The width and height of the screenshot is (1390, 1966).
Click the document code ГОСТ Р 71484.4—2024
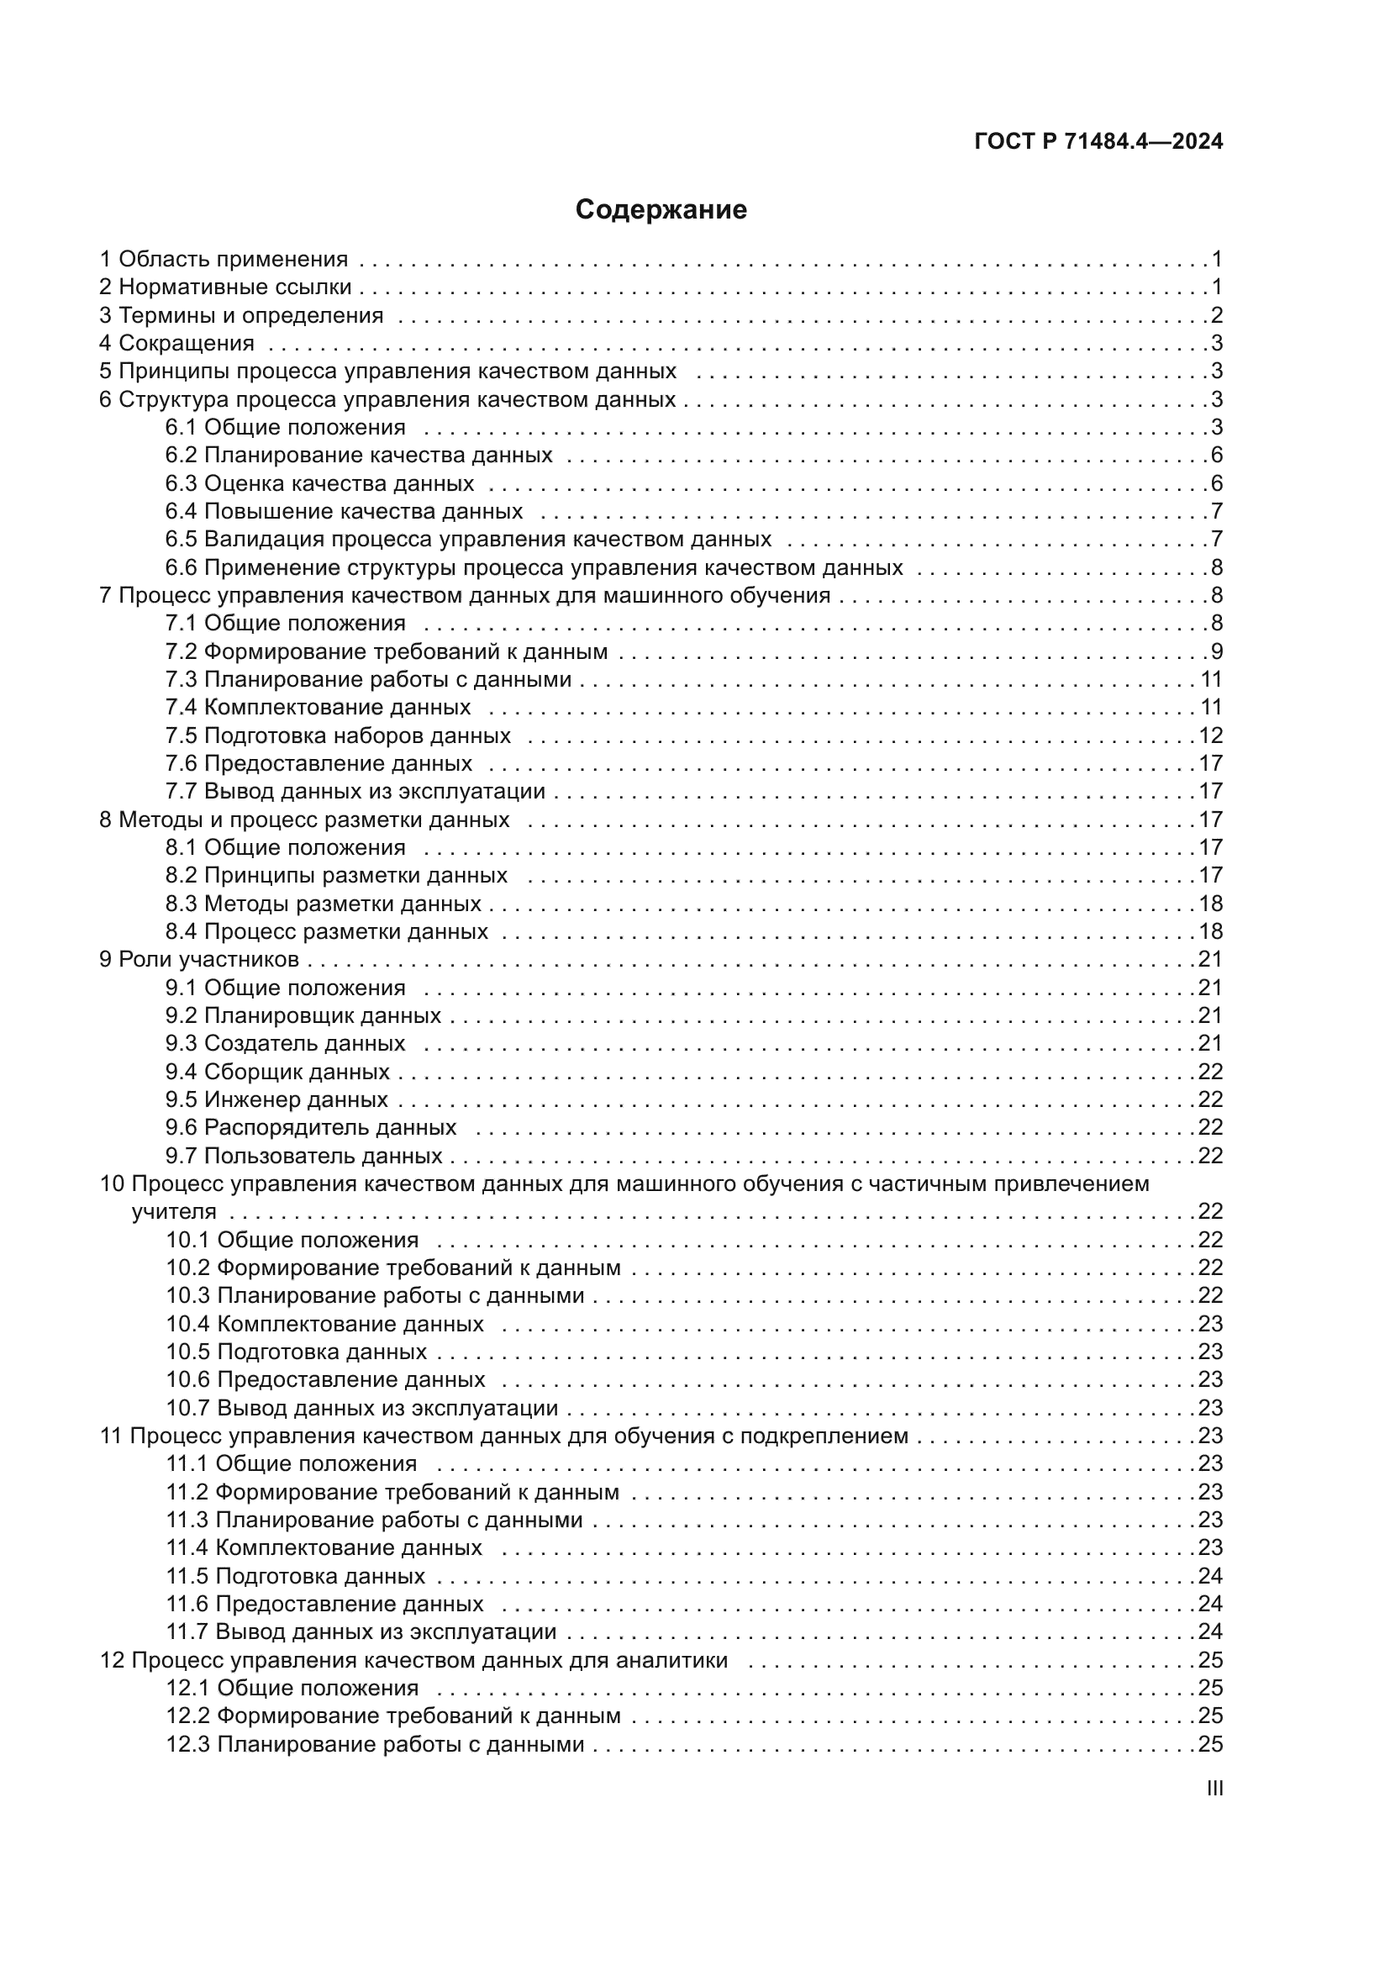(x=1098, y=141)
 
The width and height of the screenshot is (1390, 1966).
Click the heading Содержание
(x=661, y=210)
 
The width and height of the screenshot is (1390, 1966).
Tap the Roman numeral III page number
(x=1214, y=1789)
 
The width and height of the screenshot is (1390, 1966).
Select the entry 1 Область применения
(x=224, y=259)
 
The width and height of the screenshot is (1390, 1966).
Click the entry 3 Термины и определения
(x=241, y=315)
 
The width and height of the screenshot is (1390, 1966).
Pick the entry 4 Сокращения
(x=177, y=344)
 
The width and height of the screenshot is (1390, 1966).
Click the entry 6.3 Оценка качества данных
(x=319, y=484)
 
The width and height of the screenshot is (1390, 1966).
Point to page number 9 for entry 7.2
(x=1216, y=651)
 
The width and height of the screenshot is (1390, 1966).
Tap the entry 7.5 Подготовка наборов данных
(x=337, y=735)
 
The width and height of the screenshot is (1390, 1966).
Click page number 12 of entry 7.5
(x=1210, y=735)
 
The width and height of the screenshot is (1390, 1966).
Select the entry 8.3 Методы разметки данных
(x=323, y=904)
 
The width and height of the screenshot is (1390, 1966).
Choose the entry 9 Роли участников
(x=199, y=959)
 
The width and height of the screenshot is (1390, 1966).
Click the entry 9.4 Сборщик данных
(x=277, y=1072)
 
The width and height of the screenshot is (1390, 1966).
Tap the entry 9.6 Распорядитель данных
(x=311, y=1128)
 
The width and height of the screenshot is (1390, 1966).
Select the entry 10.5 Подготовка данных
(x=296, y=1352)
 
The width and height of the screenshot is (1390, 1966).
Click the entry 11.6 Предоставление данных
(x=324, y=1604)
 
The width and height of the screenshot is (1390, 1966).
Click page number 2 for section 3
(x=1216, y=315)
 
